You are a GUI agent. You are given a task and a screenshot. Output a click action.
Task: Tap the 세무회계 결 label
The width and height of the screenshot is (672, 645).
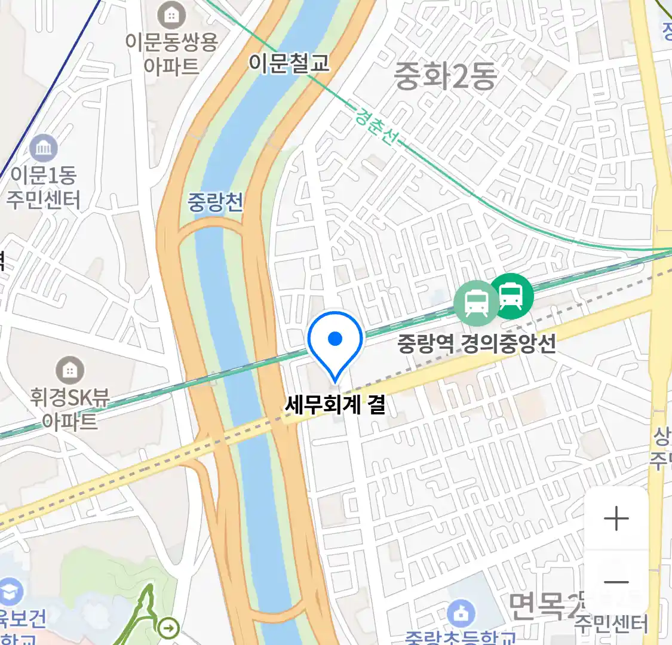335,405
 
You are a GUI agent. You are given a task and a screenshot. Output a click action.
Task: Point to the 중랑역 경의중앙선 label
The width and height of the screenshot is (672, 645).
477,343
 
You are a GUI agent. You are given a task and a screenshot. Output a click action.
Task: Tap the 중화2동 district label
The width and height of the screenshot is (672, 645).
446,76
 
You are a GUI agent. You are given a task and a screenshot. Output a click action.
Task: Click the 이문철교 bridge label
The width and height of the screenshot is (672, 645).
289,62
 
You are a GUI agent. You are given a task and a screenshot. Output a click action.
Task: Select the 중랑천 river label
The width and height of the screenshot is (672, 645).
216,202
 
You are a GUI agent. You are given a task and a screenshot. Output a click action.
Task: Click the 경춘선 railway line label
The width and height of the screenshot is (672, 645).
376,125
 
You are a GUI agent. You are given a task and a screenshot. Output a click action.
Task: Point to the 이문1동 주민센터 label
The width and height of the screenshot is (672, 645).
43,187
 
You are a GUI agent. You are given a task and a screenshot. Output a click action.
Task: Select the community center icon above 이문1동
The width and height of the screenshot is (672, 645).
43,149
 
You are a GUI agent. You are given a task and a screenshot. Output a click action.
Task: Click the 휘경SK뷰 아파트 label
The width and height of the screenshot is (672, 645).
70,410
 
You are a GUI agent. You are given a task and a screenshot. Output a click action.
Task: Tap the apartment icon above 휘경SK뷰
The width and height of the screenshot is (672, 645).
70,371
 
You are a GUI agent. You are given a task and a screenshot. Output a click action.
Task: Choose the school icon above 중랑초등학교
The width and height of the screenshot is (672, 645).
461,613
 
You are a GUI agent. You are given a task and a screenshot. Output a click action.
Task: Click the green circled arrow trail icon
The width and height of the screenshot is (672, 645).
170,628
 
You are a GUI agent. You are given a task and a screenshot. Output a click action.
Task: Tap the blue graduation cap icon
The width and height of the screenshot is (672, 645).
10,592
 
